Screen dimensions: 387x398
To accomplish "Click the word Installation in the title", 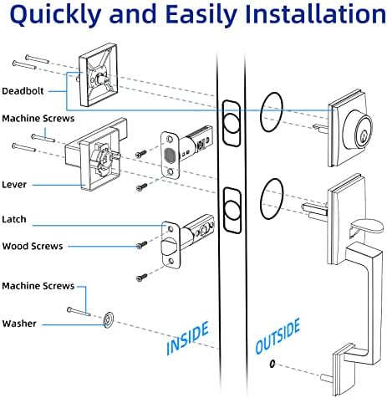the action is tap(315, 13).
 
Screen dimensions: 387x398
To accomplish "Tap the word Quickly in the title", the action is tap(55, 15).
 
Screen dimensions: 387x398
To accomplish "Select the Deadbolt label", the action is tap(23, 91).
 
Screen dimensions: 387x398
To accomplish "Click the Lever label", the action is tap(14, 185).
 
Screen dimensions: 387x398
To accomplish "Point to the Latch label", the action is tap(14, 219).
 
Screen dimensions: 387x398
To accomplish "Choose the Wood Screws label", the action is tap(33, 247).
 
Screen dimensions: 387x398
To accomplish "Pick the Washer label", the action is tap(19, 324).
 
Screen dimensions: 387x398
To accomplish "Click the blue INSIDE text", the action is tap(187, 338).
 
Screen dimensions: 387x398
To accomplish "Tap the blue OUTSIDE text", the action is tap(278, 336).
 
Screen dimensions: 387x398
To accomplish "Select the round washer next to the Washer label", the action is tap(109, 319).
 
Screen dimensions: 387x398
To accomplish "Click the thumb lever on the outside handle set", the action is tap(366, 227).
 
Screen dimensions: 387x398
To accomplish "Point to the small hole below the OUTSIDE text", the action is tap(272, 364).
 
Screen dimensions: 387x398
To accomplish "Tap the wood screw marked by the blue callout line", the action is tap(141, 245).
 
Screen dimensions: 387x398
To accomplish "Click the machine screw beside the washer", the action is tap(79, 312).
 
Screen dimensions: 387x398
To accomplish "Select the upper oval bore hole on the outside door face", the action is tap(272, 112).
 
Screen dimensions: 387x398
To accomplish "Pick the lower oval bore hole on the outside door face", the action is tap(272, 199).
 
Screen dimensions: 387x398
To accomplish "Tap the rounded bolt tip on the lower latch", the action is tap(170, 246).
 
